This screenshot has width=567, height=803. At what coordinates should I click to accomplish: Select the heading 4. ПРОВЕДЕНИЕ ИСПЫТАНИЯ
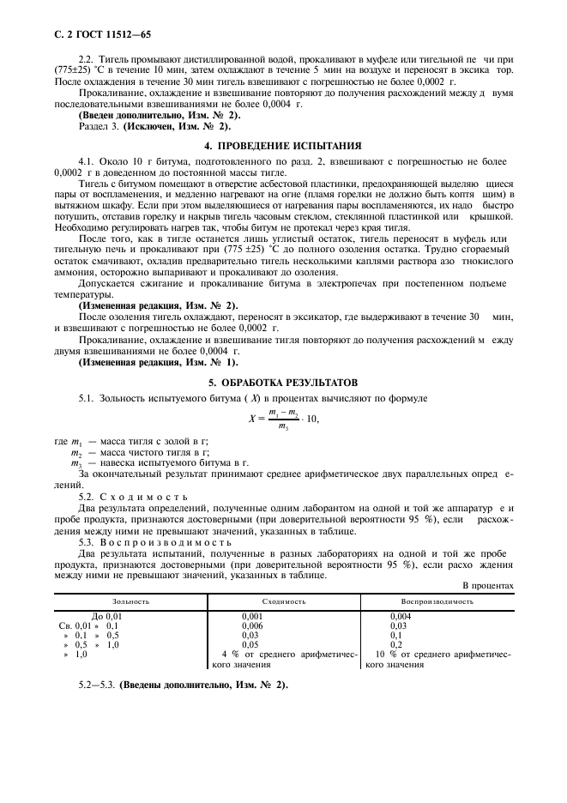282,145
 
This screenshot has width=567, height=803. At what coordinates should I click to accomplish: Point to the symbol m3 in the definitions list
75,462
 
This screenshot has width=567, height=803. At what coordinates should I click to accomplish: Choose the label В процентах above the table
487,585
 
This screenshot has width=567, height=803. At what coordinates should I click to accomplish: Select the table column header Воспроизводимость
437,601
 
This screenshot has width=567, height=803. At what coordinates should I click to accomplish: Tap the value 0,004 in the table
401,617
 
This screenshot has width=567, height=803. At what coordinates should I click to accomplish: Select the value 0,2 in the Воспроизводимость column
396,644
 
